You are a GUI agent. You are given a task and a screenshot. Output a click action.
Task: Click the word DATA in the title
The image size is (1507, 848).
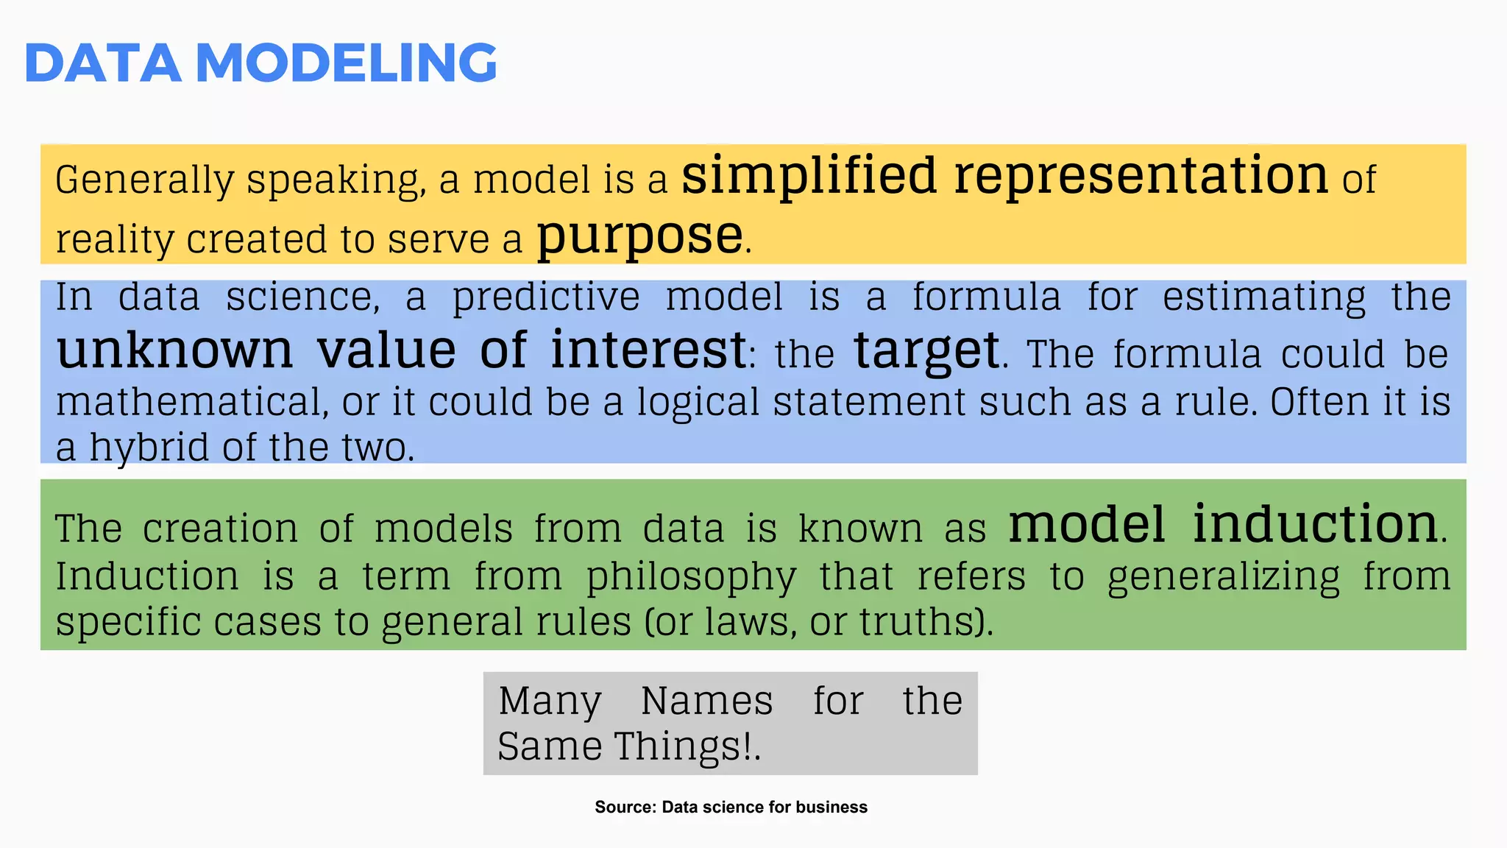click(103, 63)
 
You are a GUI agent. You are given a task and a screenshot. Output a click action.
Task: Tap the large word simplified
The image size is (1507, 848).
click(809, 177)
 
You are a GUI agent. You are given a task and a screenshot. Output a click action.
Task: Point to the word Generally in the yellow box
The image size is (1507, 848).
click(144, 180)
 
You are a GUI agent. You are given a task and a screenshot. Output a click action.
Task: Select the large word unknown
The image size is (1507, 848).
click(174, 350)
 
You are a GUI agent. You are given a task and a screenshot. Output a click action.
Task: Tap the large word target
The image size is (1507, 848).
click(926, 351)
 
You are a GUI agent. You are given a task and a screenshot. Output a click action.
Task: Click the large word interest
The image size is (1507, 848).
click(648, 350)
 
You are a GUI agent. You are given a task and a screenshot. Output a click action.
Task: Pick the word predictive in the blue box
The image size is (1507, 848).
click(546, 298)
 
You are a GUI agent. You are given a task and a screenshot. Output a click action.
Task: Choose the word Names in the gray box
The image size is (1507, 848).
click(706, 701)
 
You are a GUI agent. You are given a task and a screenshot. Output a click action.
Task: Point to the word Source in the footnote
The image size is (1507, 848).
click(624, 808)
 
